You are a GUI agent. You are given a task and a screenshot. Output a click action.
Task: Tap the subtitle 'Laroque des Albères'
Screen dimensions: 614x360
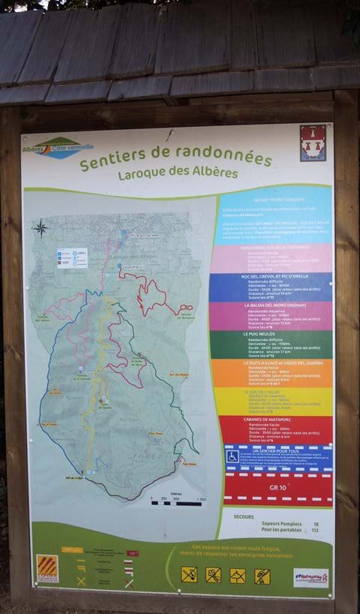(178, 173)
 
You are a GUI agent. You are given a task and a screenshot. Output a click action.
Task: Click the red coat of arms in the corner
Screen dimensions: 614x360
(312, 143)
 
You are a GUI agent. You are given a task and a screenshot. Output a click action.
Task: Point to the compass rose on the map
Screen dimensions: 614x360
(42, 228)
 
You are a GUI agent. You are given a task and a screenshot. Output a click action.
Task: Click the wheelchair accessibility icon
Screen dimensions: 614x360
(232, 456)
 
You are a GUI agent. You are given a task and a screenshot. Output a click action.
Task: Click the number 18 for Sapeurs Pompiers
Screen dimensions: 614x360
(316, 523)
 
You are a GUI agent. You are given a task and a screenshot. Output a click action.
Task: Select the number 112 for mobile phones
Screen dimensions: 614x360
(315, 531)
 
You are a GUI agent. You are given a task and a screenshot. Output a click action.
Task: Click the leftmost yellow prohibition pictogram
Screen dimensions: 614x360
(189, 574)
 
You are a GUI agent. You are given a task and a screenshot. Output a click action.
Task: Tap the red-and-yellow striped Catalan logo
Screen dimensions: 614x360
(47, 568)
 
